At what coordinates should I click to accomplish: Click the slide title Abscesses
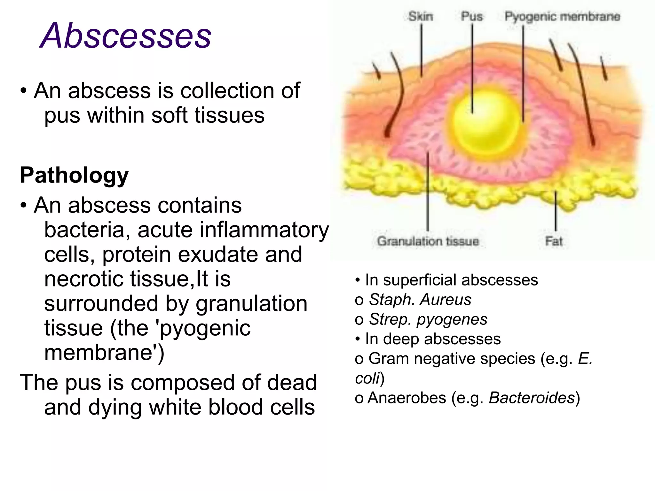[x=125, y=36]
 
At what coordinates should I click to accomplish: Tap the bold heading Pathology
[x=74, y=175]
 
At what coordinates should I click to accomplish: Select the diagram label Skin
[x=421, y=17]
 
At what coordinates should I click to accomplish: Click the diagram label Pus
[x=472, y=17]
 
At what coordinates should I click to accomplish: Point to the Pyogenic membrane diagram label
[x=562, y=17]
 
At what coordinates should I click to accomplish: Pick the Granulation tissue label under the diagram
[x=428, y=241]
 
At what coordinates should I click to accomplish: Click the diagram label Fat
[x=554, y=241]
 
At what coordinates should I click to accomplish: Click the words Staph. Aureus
[x=420, y=300]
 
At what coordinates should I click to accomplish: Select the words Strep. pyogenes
[x=428, y=319]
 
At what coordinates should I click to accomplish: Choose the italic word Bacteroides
[x=532, y=398]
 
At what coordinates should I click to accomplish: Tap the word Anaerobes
[x=407, y=398]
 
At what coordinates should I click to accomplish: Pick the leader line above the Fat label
[x=556, y=211]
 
